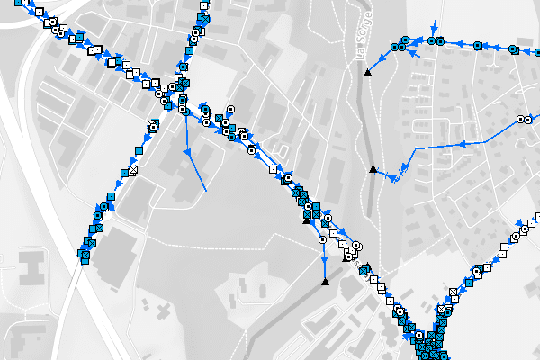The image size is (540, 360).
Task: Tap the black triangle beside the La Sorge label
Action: click(x=367, y=72)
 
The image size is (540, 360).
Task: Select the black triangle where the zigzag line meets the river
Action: click(x=373, y=168)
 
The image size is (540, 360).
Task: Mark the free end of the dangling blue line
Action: click(x=206, y=192)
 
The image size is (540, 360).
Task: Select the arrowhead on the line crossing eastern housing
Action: click(x=461, y=142)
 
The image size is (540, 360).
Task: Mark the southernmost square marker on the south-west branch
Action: click(x=82, y=256)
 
